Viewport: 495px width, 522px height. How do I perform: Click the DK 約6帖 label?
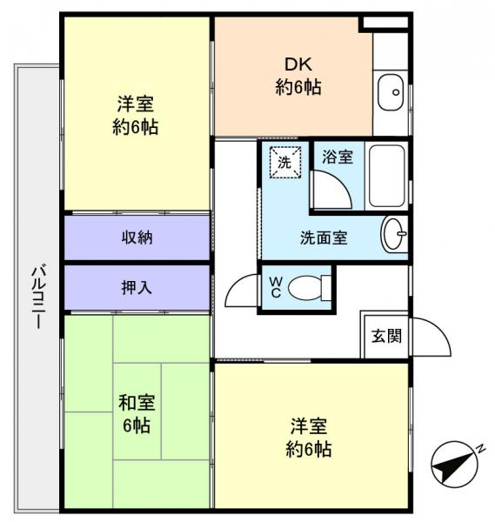pyautogui.click(x=291, y=75)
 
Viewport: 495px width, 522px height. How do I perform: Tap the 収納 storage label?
pyautogui.click(x=137, y=237)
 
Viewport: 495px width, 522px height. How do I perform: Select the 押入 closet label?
pyautogui.click(x=137, y=286)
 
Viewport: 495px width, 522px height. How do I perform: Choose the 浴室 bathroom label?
pyautogui.click(x=338, y=158)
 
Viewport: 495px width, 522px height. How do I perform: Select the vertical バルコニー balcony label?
pyautogui.click(x=37, y=296)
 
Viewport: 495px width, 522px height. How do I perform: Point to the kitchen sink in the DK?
pyautogui.click(x=391, y=90)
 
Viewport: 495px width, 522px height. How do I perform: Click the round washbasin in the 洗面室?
pyautogui.click(x=393, y=234)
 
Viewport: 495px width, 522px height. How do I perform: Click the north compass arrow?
pyautogui.click(x=454, y=466)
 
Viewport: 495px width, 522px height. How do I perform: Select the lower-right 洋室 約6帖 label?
pyautogui.click(x=311, y=438)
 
